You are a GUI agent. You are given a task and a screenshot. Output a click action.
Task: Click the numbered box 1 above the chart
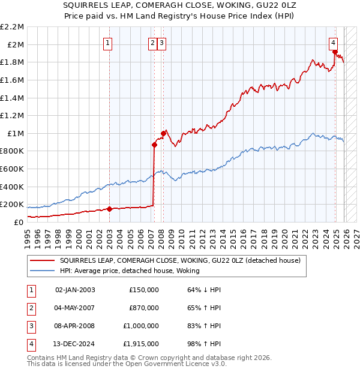(x=107, y=43)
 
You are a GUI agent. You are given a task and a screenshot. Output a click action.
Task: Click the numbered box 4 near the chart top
(x=333, y=43)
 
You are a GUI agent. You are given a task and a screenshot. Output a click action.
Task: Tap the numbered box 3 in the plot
(x=163, y=43)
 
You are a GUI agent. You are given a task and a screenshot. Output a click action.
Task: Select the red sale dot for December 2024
(x=334, y=52)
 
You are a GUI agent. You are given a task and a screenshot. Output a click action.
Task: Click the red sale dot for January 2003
(x=110, y=209)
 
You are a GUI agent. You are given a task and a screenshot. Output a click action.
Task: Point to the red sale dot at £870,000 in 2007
(x=154, y=145)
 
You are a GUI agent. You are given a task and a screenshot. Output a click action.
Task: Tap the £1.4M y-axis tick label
(x=13, y=98)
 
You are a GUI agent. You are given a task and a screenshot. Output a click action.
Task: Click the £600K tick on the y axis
(x=13, y=169)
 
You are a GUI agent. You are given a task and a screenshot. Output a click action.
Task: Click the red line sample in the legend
(x=43, y=261)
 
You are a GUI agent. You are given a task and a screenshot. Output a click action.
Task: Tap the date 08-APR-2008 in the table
(x=75, y=326)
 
